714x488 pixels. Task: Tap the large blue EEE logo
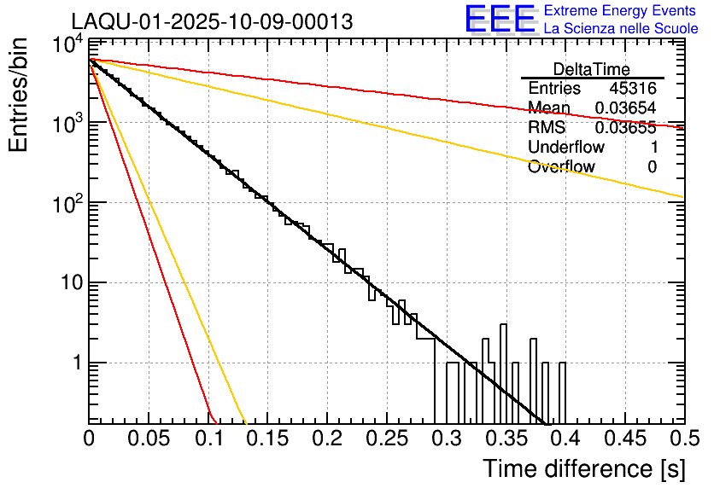(500, 19)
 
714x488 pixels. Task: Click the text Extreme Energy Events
(621, 11)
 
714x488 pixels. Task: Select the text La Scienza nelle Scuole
(621, 29)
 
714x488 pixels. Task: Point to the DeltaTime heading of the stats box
(592, 69)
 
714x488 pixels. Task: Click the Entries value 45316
(633, 89)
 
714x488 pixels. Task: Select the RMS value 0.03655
(625, 128)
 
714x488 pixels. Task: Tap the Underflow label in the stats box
(566, 148)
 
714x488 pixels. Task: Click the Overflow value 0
(652, 167)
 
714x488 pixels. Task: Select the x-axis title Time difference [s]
(582, 468)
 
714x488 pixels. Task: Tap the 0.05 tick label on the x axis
(149, 439)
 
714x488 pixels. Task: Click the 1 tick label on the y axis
(76, 363)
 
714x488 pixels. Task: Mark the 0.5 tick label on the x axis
(683, 439)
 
